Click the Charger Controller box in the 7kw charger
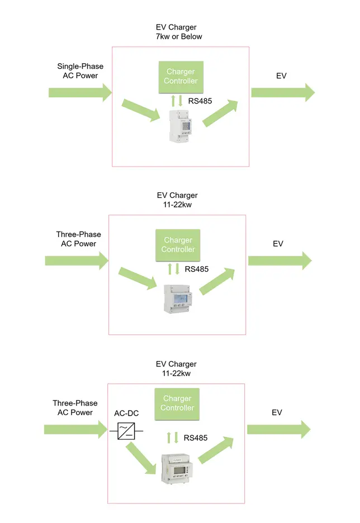click(181, 76)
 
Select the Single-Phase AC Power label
click(80, 71)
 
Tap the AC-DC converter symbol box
click(126, 430)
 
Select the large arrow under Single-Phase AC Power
click(80, 92)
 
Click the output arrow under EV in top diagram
click(282, 92)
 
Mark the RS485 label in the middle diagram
click(197, 269)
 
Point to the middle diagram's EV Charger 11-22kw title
click(177, 200)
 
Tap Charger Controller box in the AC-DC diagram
click(177, 403)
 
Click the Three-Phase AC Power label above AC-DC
click(75, 408)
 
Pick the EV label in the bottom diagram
click(277, 412)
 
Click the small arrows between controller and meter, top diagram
click(176, 101)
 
